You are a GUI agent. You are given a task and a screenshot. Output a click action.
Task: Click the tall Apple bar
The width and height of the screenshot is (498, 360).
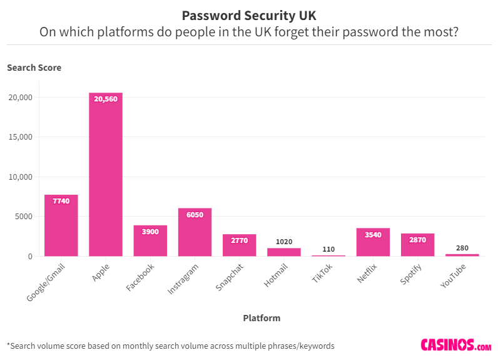click(106, 175)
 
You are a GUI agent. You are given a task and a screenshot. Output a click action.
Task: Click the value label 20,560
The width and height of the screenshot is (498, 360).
click(106, 99)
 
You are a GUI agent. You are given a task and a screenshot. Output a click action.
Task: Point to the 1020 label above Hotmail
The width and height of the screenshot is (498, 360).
click(284, 242)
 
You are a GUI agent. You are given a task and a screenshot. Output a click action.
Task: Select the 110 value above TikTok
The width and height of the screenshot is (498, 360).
click(328, 249)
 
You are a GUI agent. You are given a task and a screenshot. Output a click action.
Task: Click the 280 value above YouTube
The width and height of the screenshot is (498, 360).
click(462, 248)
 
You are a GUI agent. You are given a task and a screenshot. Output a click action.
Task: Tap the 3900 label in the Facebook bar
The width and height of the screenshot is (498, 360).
click(150, 232)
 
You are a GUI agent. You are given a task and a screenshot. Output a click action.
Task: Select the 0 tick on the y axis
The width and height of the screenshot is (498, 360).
click(29, 256)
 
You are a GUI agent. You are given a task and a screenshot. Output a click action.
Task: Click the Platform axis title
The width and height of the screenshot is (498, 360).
click(262, 318)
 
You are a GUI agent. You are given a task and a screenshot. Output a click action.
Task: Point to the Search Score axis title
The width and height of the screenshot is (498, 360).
click(34, 68)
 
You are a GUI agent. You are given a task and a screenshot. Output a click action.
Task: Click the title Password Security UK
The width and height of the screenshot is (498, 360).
click(248, 15)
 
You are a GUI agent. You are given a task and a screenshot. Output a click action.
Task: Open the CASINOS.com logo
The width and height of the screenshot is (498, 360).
click(455, 345)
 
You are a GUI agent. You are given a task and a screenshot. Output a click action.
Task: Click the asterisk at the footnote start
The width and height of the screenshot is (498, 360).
click(9, 344)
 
